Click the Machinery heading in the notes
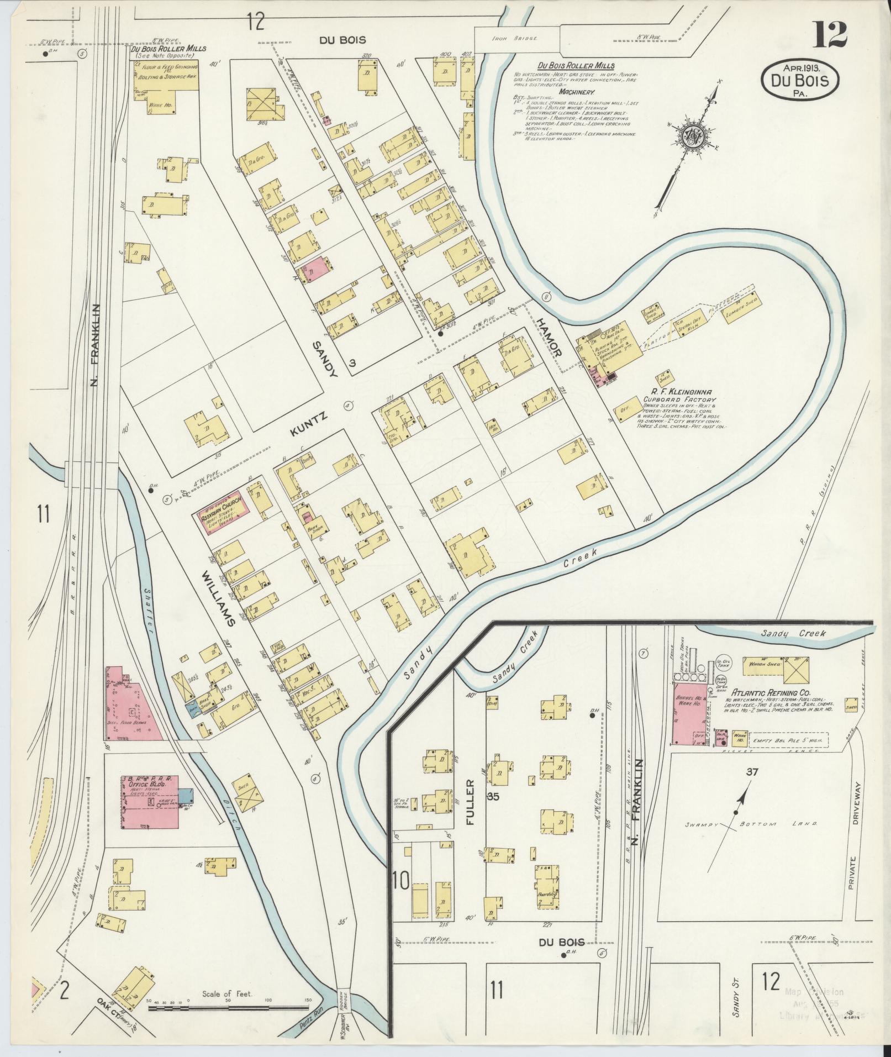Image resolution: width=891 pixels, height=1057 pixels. pyautogui.click(x=577, y=92)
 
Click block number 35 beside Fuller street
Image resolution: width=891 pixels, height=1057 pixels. pyautogui.click(x=493, y=797)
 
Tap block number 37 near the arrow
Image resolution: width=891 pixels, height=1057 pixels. pyautogui.click(x=751, y=772)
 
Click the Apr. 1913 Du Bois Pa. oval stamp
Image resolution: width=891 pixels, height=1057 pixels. pyautogui.click(x=800, y=80)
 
